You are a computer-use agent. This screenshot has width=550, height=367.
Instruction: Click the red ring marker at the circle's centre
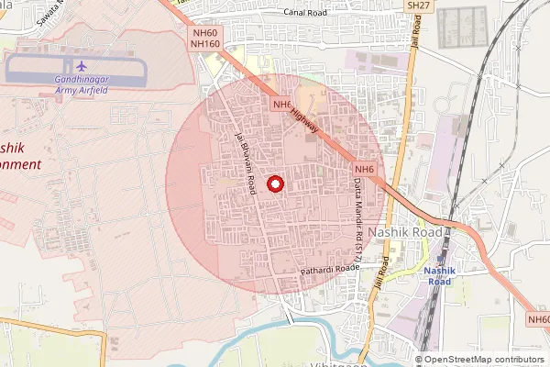[274, 184]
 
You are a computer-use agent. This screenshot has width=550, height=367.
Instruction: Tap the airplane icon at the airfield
[81, 66]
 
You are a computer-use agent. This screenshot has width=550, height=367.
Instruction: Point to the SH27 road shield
[418, 6]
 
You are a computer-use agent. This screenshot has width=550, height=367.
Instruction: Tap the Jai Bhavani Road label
[245, 163]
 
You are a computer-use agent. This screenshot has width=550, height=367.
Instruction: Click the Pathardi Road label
[330, 270]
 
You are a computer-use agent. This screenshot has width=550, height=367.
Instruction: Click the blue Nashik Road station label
[440, 276]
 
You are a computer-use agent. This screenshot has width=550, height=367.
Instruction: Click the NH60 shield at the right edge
[538, 319]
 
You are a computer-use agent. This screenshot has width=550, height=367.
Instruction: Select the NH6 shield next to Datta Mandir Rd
[365, 169]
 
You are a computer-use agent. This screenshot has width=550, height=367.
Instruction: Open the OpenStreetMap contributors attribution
[484, 359]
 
